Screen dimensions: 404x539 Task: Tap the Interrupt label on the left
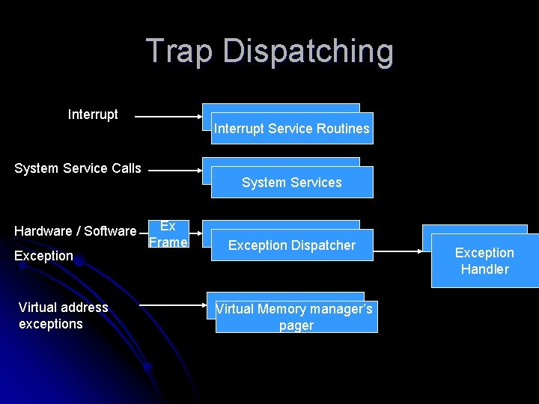[x=93, y=114]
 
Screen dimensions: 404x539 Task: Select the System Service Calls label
[x=78, y=168]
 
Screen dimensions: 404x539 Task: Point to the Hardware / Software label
[x=76, y=231]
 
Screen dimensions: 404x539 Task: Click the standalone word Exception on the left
[x=44, y=256]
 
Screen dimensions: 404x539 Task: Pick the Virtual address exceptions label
[x=63, y=316]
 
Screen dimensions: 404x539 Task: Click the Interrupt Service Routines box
[x=291, y=129]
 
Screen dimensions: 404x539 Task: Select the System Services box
[x=292, y=183]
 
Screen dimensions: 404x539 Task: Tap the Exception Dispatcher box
[x=292, y=245]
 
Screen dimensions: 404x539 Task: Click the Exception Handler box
[x=484, y=261]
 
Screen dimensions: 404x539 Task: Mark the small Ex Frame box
[x=168, y=234]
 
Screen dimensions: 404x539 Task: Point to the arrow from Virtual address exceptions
[x=173, y=305]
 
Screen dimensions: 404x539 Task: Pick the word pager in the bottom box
[x=296, y=325]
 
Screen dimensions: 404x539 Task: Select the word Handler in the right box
[x=484, y=269]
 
